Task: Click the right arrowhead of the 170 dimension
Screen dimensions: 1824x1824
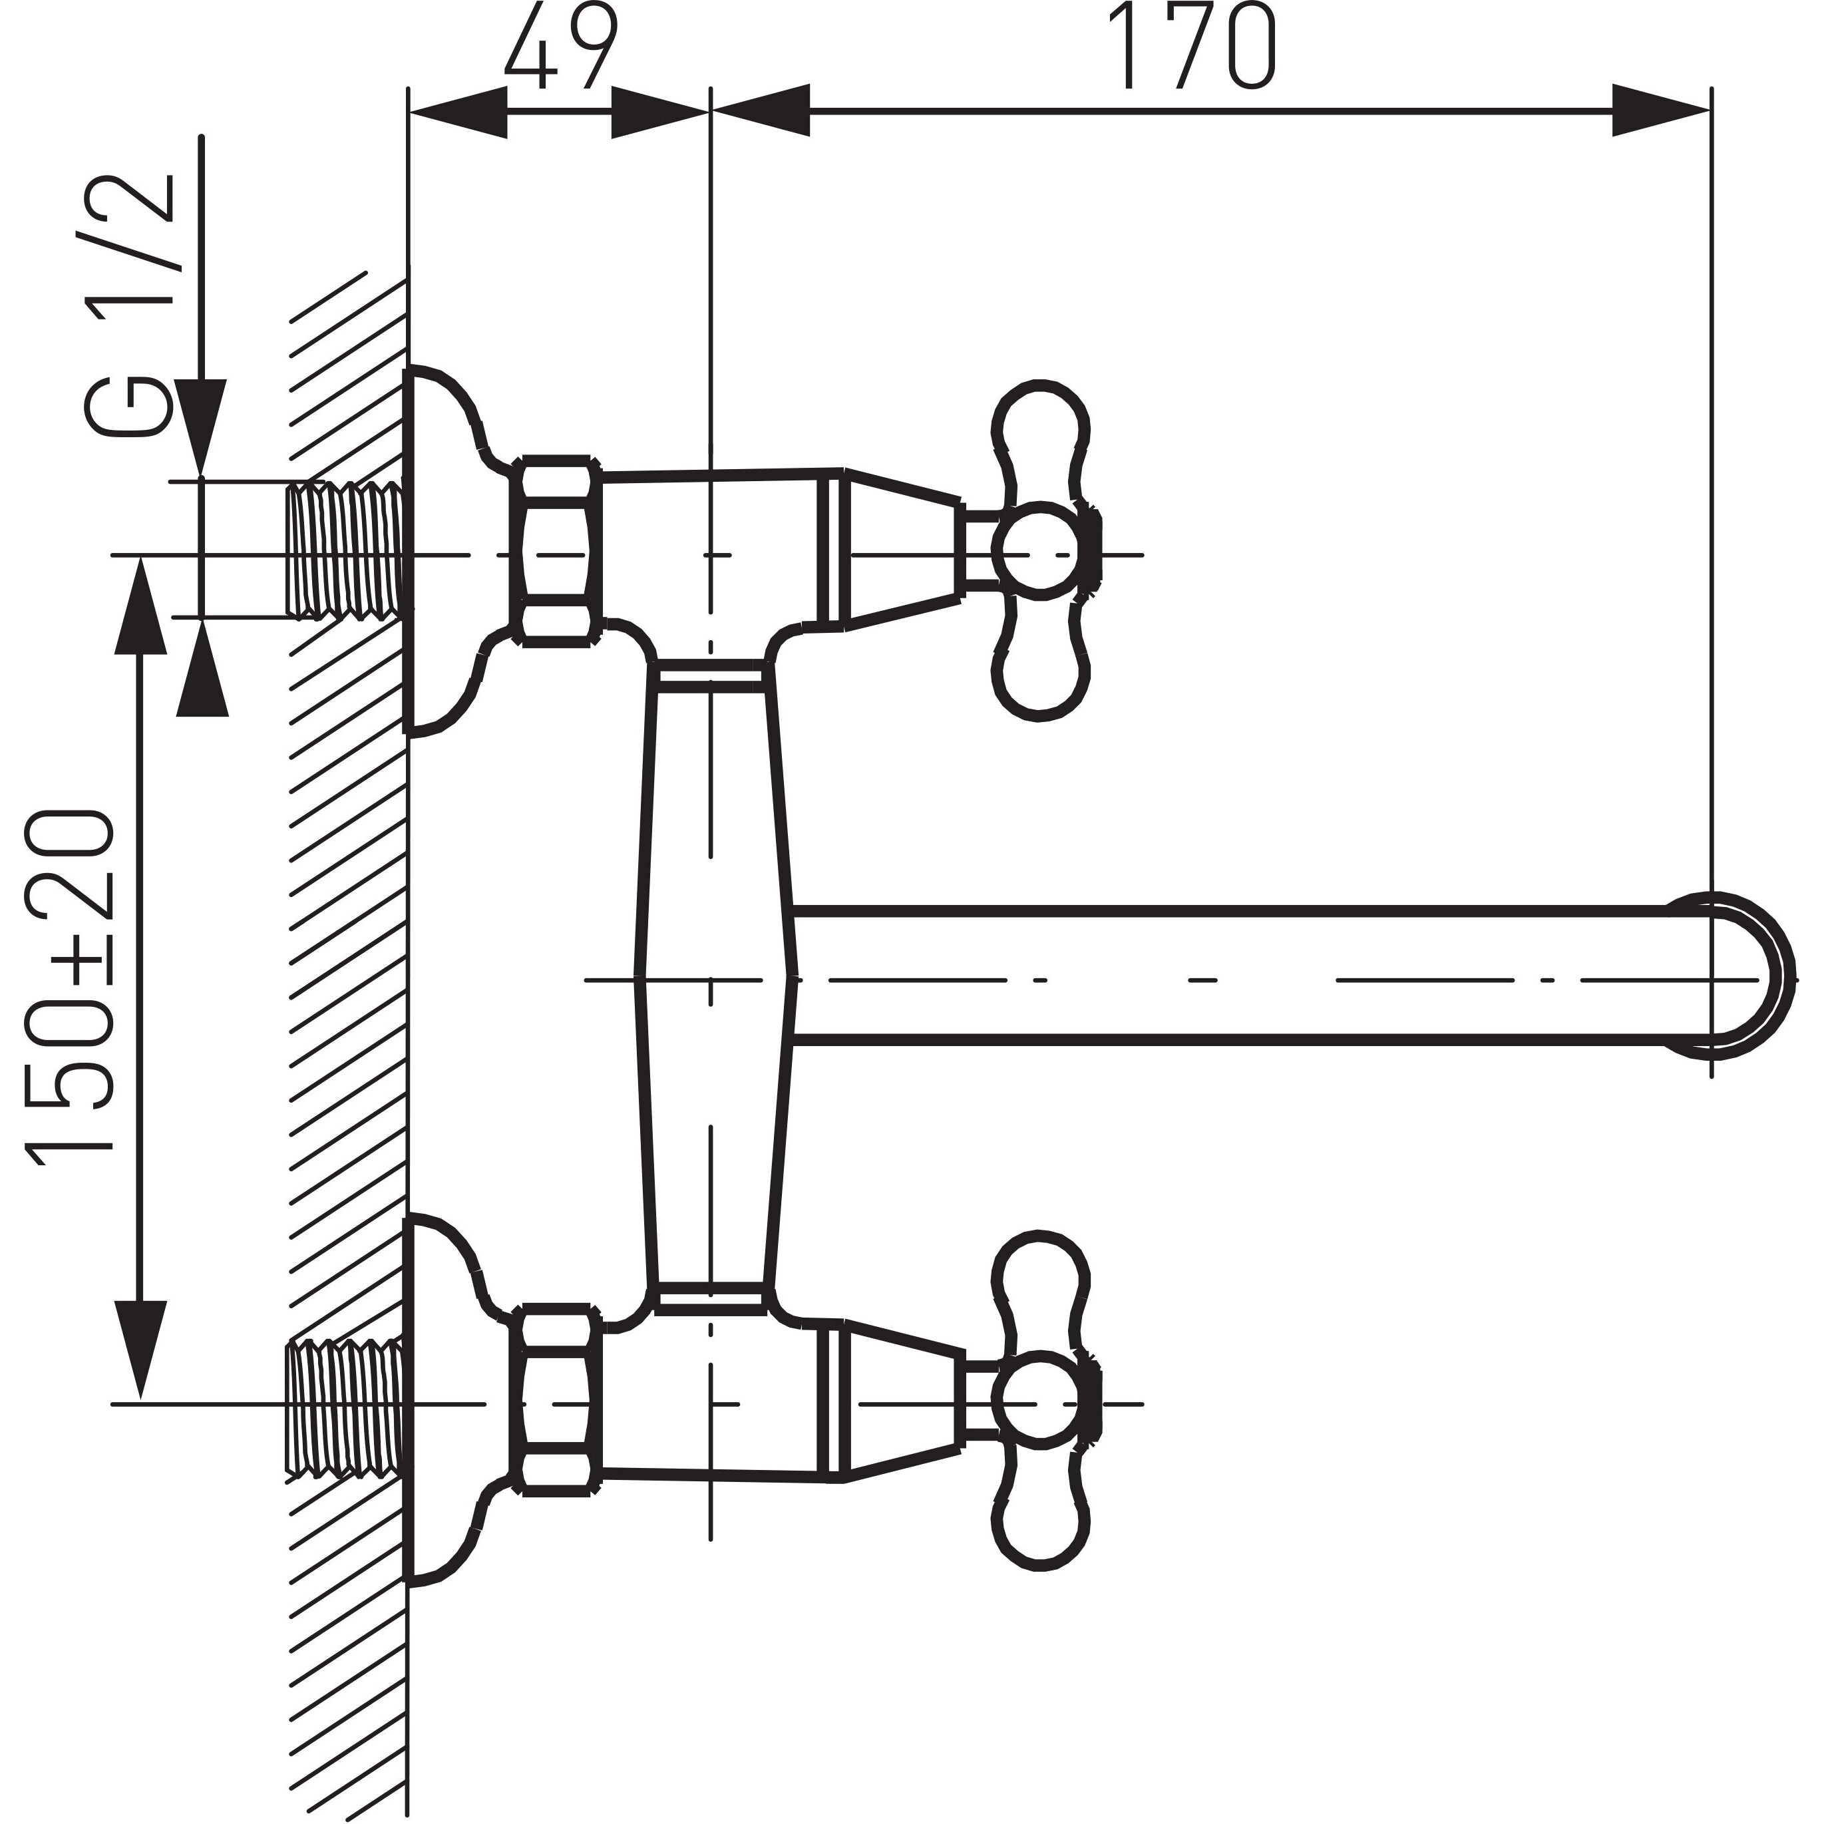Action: click(1662, 111)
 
